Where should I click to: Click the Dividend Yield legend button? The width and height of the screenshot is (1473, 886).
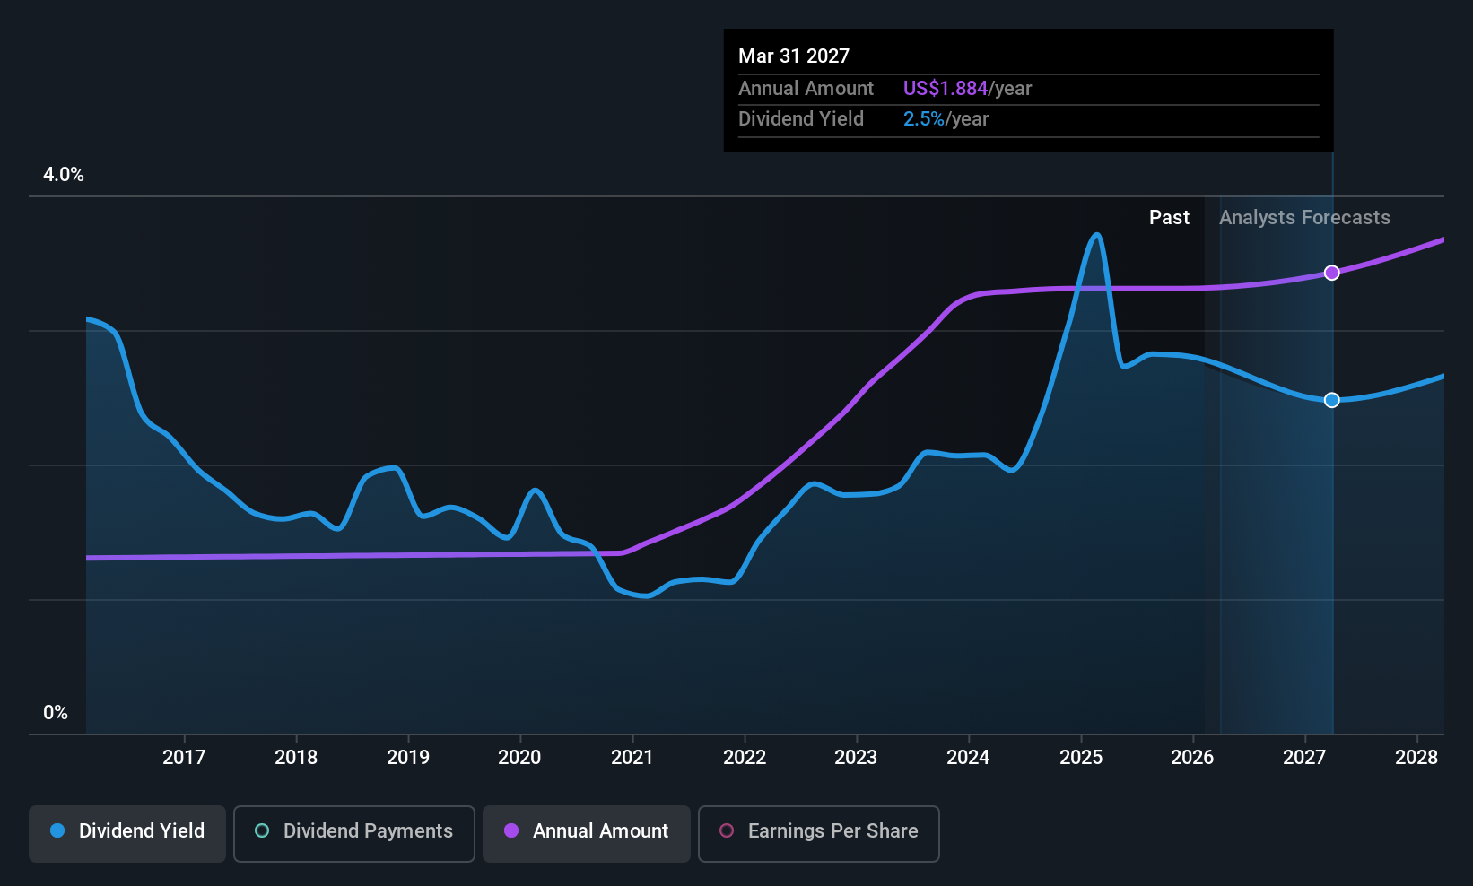click(x=126, y=833)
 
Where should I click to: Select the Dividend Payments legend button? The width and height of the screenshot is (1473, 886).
click(x=353, y=833)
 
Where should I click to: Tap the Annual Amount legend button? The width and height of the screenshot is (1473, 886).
click(x=587, y=833)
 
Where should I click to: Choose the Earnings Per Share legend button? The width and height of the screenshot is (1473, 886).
click(x=819, y=833)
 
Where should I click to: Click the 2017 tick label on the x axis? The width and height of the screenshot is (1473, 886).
click(x=184, y=757)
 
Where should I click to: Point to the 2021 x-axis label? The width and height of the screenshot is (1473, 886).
click(x=632, y=757)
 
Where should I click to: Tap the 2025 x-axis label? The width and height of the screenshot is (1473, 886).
click(x=1080, y=757)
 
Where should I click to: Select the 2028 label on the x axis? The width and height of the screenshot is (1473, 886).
click(x=1416, y=757)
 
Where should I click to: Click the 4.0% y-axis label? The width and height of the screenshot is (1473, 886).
click(x=64, y=175)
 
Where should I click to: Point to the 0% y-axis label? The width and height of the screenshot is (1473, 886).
click(x=56, y=713)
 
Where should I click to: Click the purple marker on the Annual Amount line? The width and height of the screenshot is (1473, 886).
click(x=1331, y=273)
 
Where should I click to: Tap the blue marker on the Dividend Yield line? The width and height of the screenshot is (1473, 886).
click(x=1331, y=400)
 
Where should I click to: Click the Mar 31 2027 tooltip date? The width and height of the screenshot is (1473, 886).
click(x=794, y=56)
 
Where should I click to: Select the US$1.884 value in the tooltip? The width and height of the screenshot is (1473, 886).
click(x=945, y=88)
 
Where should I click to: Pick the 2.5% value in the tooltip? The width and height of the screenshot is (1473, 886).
click(x=923, y=119)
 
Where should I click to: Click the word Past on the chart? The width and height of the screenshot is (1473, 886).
click(x=1169, y=218)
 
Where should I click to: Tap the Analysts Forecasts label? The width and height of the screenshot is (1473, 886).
click(x=1304, y=218)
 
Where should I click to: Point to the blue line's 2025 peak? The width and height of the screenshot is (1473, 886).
click(x=1096, y=235)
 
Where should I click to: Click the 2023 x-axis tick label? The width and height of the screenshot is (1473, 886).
click(x=856, y=757)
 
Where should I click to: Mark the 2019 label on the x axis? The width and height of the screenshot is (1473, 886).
click(x=407, y=757)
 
